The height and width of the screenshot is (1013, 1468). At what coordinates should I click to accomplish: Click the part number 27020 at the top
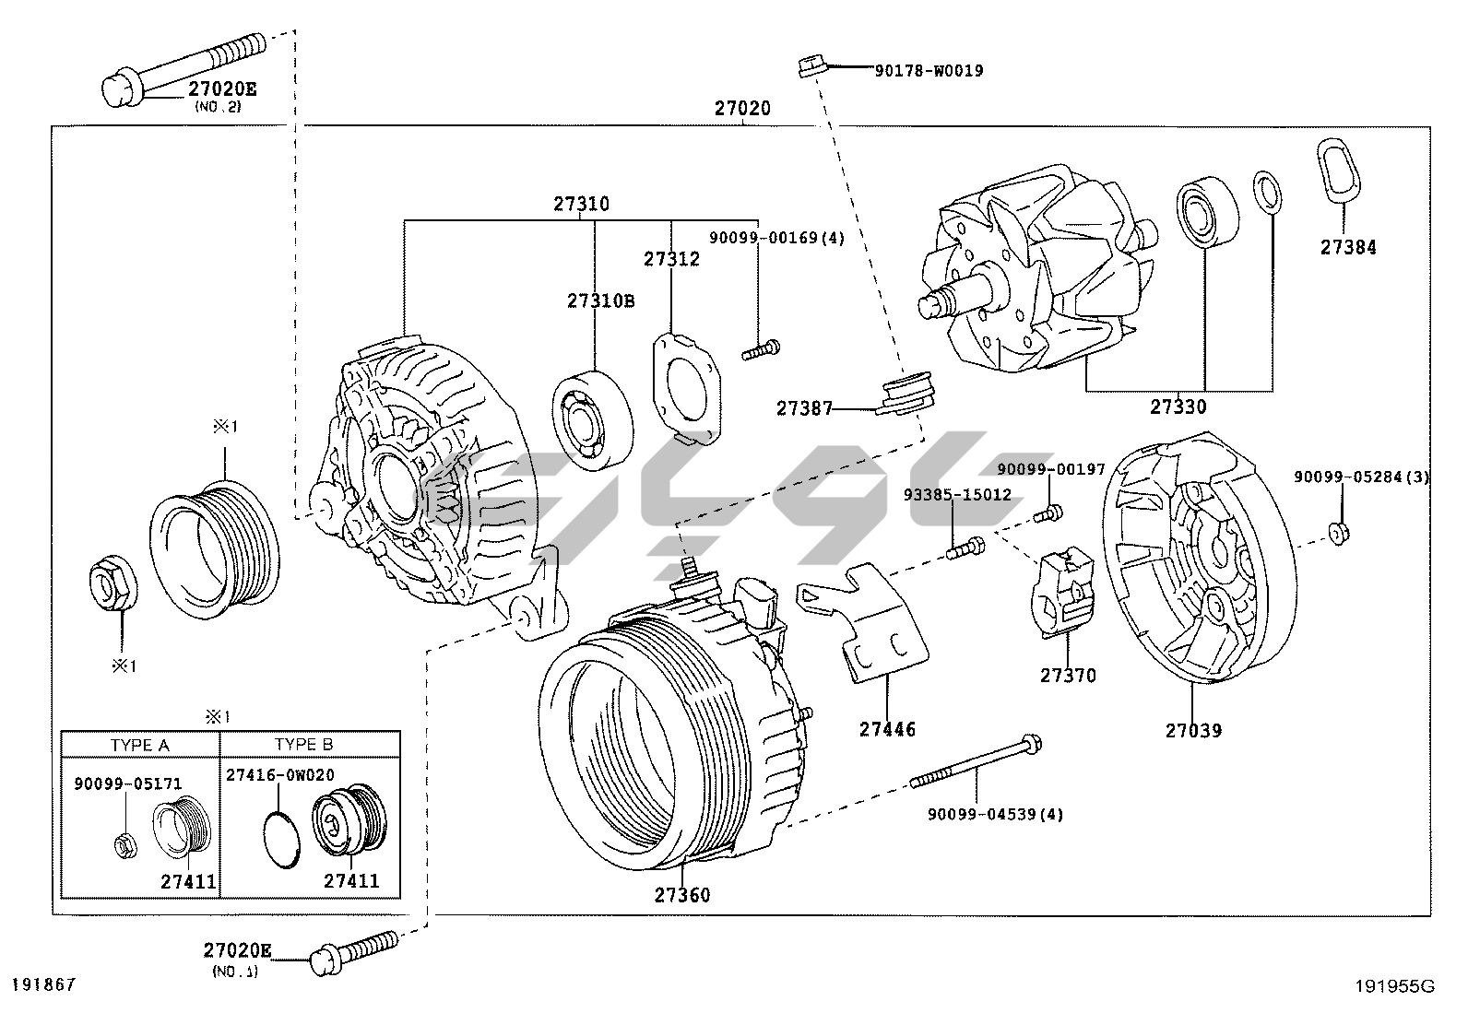pos(741,109)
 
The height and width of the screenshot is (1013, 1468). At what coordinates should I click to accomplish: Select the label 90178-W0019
pos(928,70)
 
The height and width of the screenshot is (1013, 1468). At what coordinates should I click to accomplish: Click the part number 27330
pos(1178,406)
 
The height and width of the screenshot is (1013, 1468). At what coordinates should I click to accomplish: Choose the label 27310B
pos(600,300)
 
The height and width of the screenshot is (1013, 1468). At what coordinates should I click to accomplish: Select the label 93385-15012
pos(956,495)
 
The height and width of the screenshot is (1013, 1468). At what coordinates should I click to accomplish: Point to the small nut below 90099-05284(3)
pos(1341,532)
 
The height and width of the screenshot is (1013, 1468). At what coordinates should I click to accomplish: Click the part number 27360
pos(682,895)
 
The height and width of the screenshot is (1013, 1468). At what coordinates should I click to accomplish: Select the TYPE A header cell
pos(140,745)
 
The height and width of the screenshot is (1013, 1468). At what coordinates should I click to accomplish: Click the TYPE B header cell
pos(303,745)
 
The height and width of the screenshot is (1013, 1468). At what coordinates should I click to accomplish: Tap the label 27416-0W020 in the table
pos(280,776)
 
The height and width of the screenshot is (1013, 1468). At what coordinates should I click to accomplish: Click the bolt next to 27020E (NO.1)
pos(355,950)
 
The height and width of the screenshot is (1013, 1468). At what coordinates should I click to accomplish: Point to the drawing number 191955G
pos(1394,986)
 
